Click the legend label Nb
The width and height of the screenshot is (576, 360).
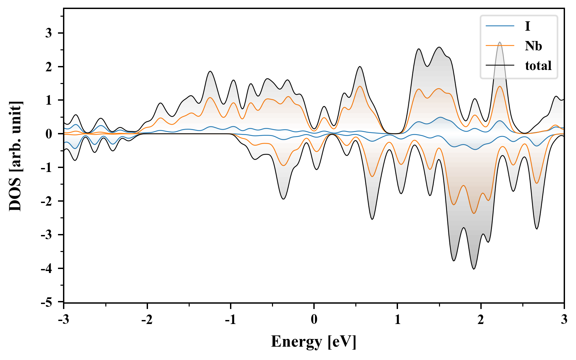(x=533, y=46)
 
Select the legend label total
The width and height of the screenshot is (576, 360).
(x=538, y=65)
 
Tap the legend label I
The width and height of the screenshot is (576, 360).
(x=527, y=26)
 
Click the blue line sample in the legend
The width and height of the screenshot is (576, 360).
(x=500, y=26)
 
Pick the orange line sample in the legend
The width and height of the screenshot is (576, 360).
(x=500, y=46)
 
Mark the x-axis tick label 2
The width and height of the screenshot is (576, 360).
(x=481, y=320)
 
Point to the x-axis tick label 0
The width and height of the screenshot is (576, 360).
(x=314, y=320)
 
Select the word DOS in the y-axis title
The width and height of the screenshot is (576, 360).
(x=15, y=197)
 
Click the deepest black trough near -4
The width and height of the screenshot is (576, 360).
(x=474, y=269)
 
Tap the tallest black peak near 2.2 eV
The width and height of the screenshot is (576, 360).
(x=500, y=42)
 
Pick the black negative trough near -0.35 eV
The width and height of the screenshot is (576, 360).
(x=283, y=199)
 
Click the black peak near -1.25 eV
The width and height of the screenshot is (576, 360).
(x=210, y=71)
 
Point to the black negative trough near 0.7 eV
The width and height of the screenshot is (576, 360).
(x=372, y=219)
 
